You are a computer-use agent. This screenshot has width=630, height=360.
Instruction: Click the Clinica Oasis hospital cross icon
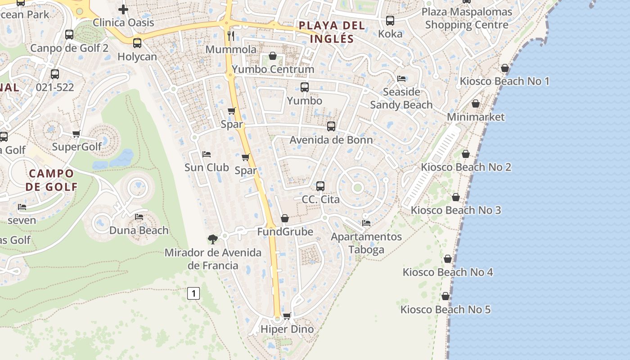point(123,9)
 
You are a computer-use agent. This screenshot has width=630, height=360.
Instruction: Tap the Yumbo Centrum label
point(273,69)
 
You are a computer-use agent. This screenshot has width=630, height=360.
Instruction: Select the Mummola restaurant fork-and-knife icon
point(231,36)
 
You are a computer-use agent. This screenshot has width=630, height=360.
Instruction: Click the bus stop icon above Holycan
point(137,43)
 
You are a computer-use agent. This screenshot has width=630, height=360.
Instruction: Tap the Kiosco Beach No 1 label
point(504,81)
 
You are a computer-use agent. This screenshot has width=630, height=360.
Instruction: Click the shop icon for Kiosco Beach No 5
point(445,296)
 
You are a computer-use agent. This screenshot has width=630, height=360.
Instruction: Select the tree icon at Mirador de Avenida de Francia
point(212,239)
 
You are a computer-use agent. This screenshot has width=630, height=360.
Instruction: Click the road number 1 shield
point(193,294)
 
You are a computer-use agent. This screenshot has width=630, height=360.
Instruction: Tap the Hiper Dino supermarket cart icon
point(287,316)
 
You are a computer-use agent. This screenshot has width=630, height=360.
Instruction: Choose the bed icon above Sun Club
point(207,154)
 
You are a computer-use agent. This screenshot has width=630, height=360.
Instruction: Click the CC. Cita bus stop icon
point(320,186)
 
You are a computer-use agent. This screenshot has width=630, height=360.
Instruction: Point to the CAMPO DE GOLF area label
point(51,180)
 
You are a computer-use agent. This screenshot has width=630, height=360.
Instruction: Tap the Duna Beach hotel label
point(139,230)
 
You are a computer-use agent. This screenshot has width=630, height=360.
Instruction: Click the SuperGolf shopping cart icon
point(76,134)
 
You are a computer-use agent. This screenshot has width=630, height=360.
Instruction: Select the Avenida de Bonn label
point(331,140)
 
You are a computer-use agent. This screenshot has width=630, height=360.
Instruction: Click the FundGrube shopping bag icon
point(285,218)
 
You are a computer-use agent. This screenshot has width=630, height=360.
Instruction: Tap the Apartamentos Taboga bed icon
point(366,223)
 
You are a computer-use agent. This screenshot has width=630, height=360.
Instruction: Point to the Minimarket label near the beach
point(476,117)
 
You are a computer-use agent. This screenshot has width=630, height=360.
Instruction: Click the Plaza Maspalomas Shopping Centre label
point(467,18)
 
